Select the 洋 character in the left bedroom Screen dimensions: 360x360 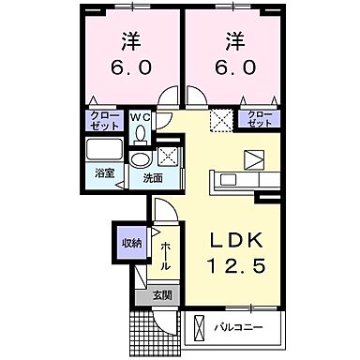point(128,41)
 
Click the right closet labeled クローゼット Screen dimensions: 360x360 point(257,119)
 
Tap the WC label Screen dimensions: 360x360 point(140,116)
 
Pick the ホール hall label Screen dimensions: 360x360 point(164,254)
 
